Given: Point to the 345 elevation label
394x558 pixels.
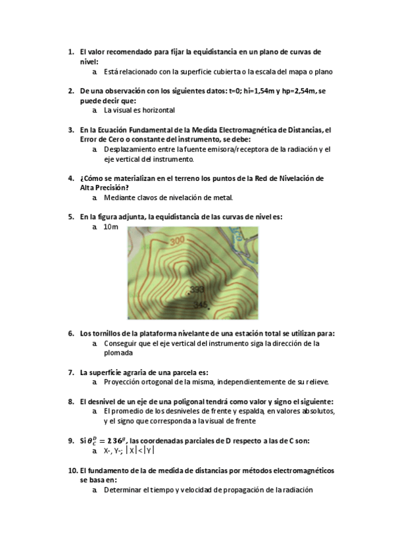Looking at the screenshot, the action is coord(201,304).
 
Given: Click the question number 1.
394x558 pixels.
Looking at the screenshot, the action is coord(71,51).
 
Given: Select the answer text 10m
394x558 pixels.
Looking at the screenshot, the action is coord(111,227).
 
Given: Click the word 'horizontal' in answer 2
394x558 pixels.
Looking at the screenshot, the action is coord(158,111).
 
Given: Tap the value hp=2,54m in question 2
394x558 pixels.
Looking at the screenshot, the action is coord(297,91).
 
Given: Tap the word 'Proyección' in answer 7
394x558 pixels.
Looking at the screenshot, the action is coord(123,382).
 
